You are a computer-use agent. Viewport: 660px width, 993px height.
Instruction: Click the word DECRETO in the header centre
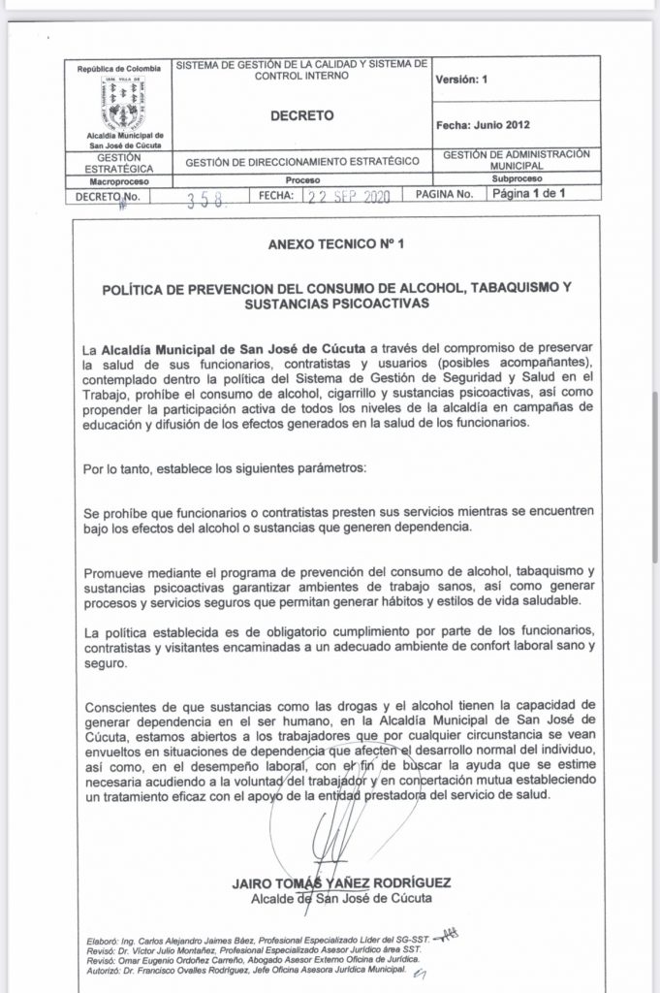[301, 115]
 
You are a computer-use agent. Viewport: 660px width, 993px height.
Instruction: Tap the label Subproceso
[516, 179]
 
